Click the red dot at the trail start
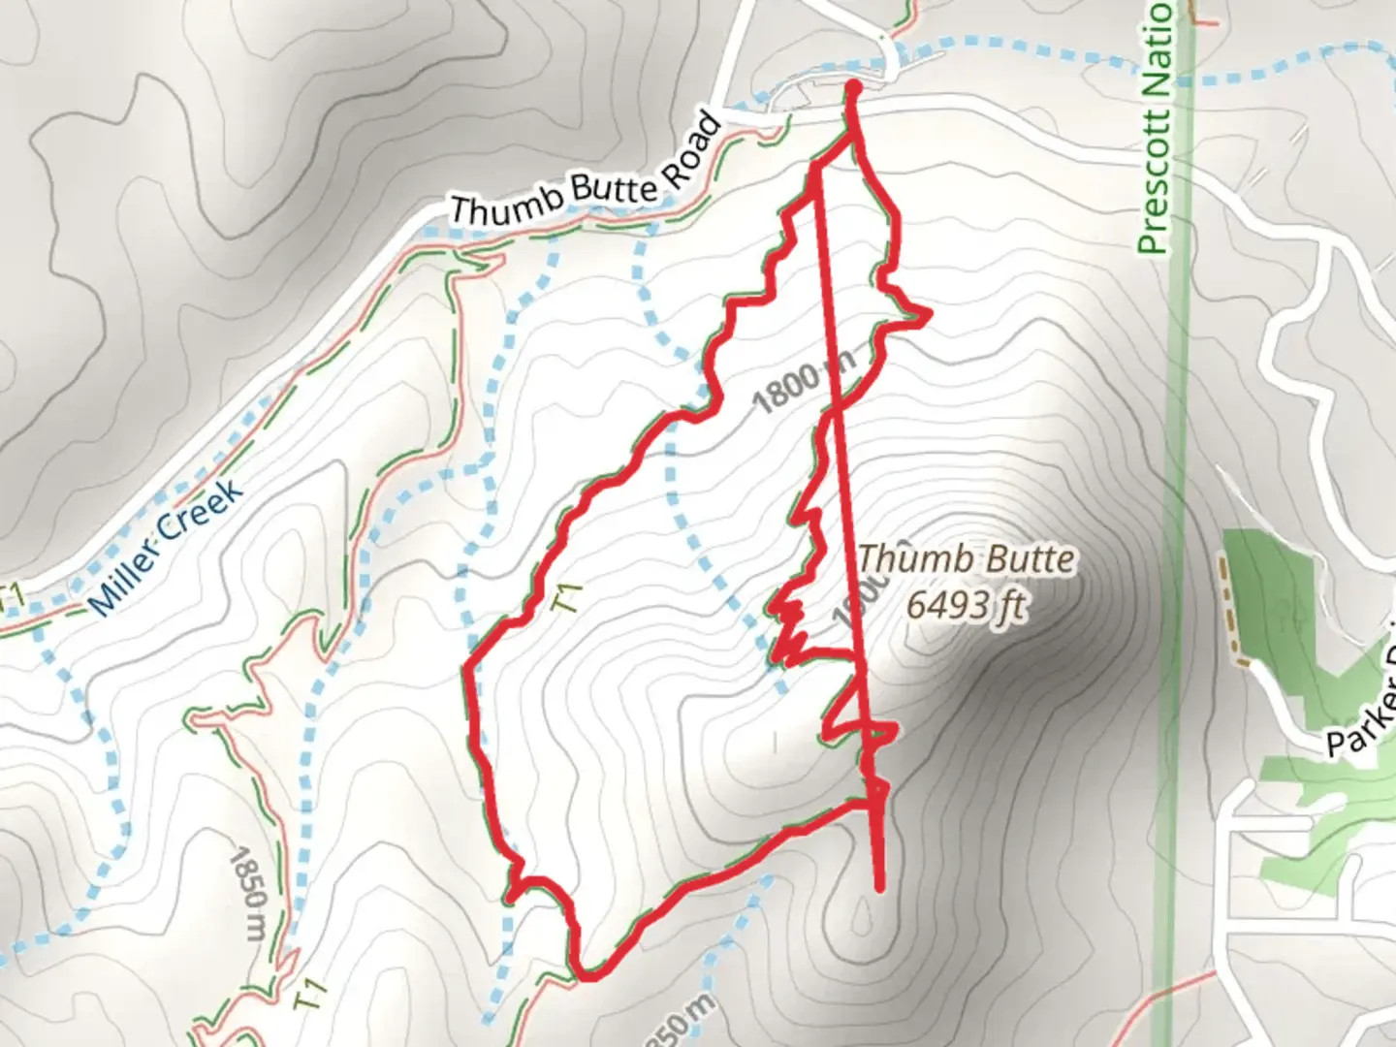point(854,90)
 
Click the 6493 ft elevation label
point(965,606)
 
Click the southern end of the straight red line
point(880,886)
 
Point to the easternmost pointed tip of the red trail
point(930,313)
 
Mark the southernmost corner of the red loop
point(584,973)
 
